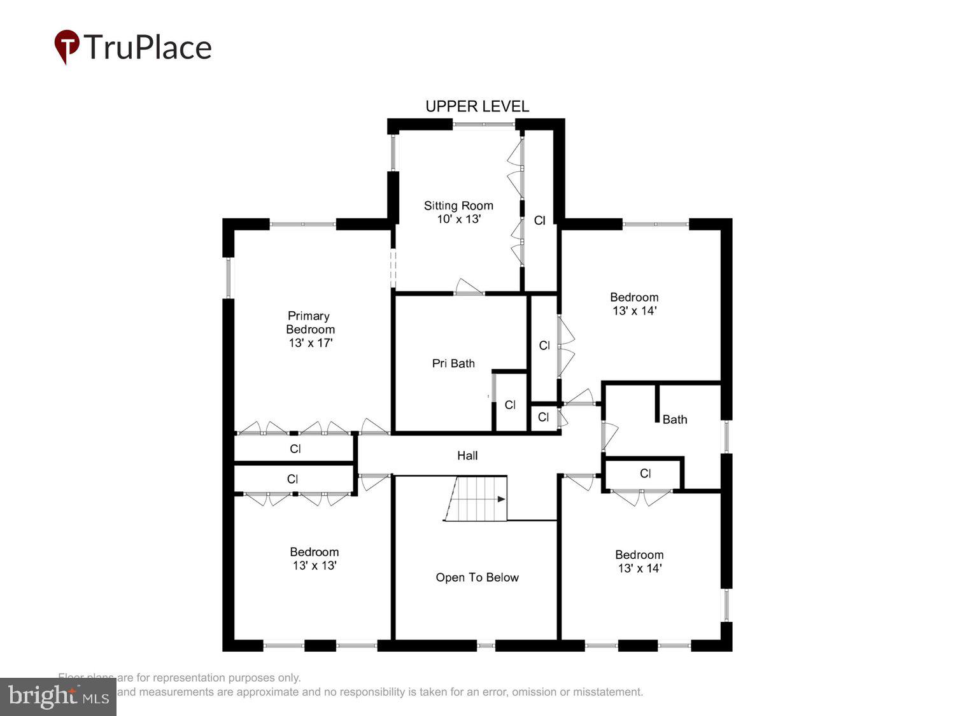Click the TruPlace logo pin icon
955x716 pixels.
click(x=66, y=46)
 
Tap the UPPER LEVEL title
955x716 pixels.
click(x=477, y=106)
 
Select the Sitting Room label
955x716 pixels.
click(x=458, y=206)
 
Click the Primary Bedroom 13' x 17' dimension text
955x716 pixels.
click(x=311, y=343)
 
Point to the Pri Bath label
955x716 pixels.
click(x=453, y=363)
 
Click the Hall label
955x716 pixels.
click(x=467, y=456)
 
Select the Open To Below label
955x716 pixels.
click(x=477, y=577)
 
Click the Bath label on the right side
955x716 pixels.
click(x=674, y=419)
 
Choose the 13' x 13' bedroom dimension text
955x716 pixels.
click(x=315, y=566)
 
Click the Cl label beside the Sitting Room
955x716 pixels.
click(x=539, y=221)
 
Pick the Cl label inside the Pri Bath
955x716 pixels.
click(x=510, y=405)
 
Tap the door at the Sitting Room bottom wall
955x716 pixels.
click(x=469, y=288)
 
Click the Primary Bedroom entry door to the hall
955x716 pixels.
click(x=374, y=426)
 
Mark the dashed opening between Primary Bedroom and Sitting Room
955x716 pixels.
click(x=393, y=269)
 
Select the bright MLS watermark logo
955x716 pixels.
click(x=58, y=696)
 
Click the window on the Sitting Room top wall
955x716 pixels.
click(x=484, y=124)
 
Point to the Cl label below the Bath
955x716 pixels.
click(x=645, y=474)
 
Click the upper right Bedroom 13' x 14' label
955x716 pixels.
click(x=634, y=304)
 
